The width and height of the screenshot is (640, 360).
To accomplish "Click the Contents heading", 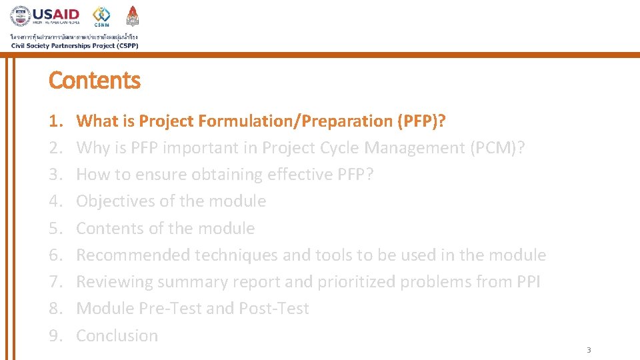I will coord(95,81).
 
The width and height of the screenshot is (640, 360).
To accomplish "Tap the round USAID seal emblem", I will coord(20,17).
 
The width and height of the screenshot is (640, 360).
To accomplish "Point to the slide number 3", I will coord(589,350).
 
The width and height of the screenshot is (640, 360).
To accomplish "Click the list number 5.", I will coord(55,228).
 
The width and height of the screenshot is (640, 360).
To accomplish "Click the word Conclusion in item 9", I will coord(117,335).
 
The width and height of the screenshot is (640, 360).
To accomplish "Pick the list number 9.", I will coord(55,335).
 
